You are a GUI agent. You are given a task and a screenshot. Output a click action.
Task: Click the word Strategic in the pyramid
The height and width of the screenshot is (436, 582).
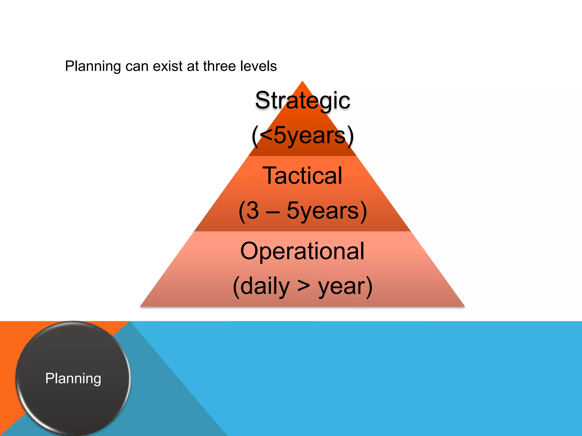[x=302, y=100]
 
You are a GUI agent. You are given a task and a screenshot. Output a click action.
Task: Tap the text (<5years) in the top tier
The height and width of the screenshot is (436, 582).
[x=303, y=136]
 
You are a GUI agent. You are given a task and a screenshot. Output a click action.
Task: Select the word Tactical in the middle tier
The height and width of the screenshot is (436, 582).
[x=302, y=176]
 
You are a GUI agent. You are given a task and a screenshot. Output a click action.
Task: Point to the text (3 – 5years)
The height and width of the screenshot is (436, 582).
[x=303, y=211]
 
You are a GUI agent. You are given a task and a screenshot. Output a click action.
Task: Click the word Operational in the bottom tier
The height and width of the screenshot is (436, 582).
[x=302, y=251]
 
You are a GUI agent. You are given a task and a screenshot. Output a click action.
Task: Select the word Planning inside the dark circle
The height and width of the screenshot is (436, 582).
[x=73, y=378]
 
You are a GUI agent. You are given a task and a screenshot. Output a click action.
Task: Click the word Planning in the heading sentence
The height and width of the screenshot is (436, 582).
[x=93, y=66]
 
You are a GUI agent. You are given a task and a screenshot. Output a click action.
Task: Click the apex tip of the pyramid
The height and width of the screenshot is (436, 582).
[x=302, y=82]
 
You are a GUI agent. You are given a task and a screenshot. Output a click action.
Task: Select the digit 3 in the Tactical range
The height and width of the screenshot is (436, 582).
[x=253, y=211]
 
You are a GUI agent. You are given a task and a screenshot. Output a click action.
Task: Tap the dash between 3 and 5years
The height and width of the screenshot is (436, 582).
[x=272, y=211]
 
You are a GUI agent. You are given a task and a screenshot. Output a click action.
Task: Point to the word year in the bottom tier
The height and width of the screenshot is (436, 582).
[x=341, y=287]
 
